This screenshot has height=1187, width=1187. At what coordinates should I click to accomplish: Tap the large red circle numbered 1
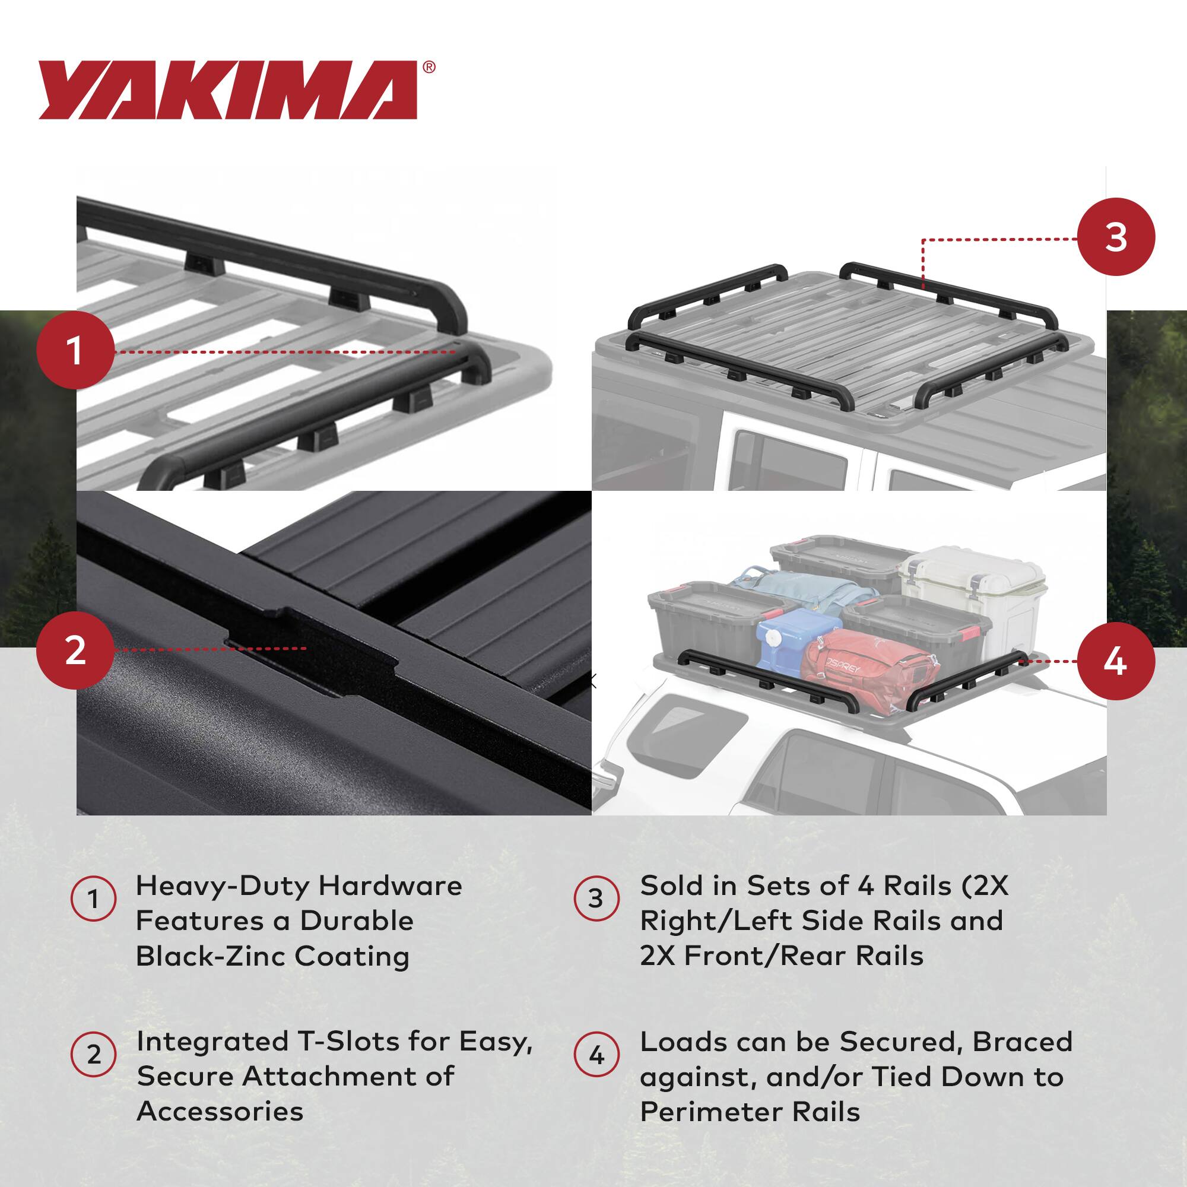pyautogui.click(x=75, y=351)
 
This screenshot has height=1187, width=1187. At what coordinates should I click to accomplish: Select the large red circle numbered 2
pyautogui.click(x=75, y=650)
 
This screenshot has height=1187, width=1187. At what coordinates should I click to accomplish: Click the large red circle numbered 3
pyautogui.click(x=1116, y=237)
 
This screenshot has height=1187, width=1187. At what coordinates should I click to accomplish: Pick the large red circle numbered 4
pyautogui.click(x=1116, y=662)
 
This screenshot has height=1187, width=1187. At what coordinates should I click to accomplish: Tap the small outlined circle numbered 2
pyautogui.click(x=93, y=1055)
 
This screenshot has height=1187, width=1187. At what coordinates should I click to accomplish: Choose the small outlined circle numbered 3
pyautogui.click(x=596, y=899)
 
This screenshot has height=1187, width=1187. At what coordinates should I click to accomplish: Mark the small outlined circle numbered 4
pyautogui.click(x=596, y=1055)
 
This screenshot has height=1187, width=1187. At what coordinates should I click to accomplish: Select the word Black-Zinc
pyautogui.click(x=211, y=956)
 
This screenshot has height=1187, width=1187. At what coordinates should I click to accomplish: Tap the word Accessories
pyautogui.click(x=220, y=1111)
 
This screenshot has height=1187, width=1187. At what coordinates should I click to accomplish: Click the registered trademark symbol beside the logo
pyautogui.click(x=430, y=67)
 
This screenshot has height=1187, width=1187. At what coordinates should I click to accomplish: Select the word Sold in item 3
pyautogui.click(x=668, y=886)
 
